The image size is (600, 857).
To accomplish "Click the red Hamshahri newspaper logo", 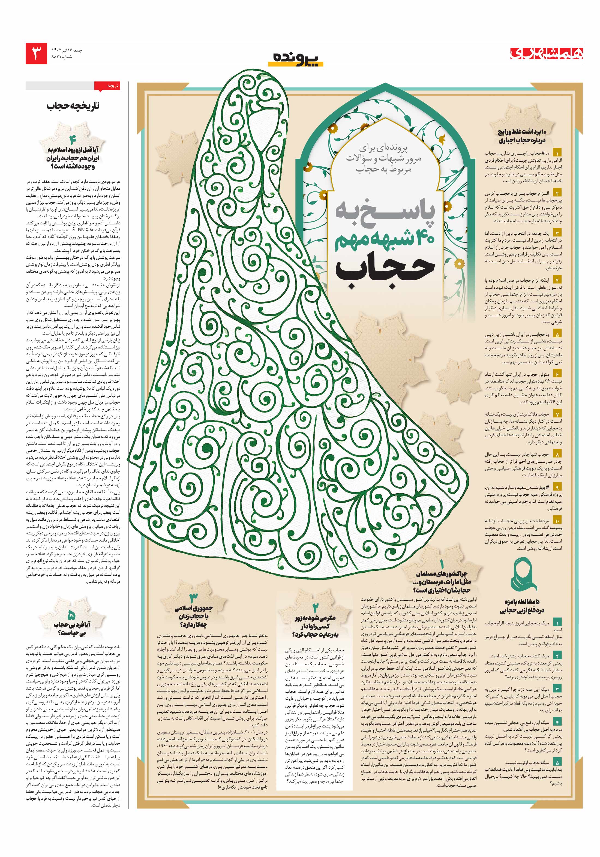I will (x=547, y=53).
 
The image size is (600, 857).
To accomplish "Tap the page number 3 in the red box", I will (x=36, y=53).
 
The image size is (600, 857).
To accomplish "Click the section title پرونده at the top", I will (x=295, y=58).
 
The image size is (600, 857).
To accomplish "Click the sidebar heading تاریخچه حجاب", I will (x=73, y=106).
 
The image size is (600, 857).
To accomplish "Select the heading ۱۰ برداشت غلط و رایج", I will (x=522, y=136).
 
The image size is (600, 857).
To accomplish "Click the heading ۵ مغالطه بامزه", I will (x=522, y=606).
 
